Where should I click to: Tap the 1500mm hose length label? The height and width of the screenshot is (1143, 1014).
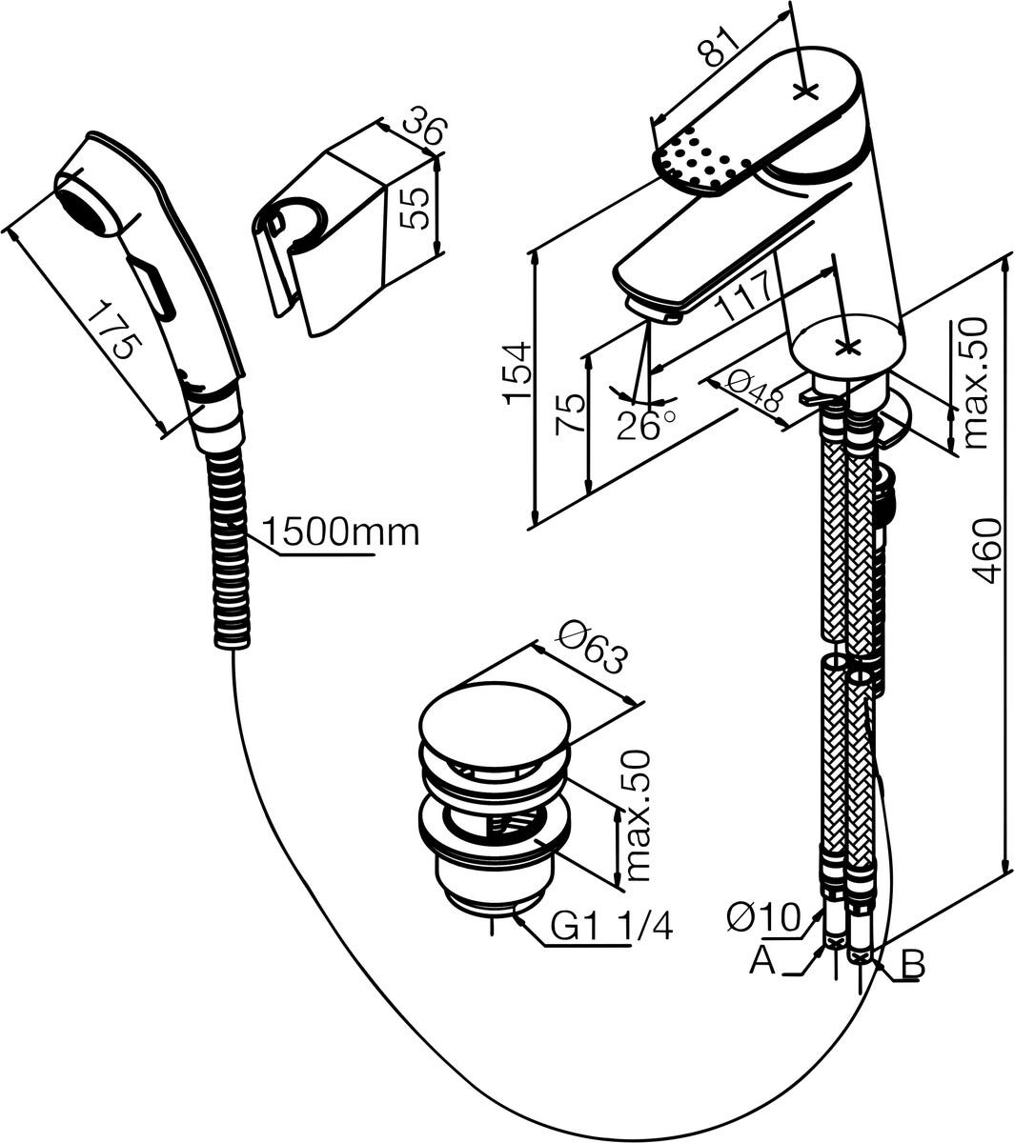(x=340, y=531)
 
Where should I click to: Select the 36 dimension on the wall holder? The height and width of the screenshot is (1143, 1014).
(x=422, y=128)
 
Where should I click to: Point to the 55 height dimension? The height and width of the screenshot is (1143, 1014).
(x=415, y=207)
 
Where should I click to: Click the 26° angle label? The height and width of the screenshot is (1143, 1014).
(x=644, y=425)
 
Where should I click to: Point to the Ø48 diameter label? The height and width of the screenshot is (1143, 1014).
(x=753, y=392)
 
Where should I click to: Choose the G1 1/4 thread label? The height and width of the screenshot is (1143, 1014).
(x=612, y=926)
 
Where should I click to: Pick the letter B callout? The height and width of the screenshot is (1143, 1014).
(x=912, y=965)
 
